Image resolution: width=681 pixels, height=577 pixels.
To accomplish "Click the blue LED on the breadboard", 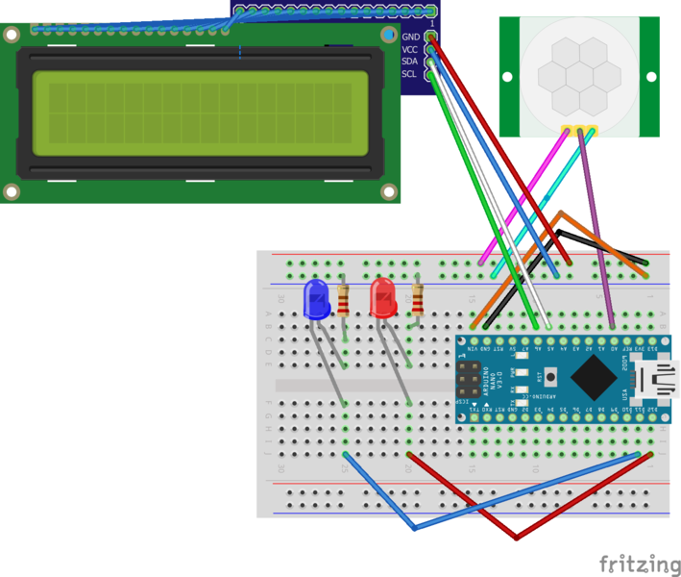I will [316, 299].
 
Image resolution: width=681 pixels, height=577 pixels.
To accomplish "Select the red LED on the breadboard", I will [383, 297].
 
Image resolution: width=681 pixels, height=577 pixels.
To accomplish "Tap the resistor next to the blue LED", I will [344, 301].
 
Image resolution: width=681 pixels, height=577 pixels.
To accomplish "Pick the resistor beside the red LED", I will [417, 299].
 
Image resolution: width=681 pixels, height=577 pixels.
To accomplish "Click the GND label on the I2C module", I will [410, 37].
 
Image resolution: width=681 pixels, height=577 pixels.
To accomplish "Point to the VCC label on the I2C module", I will [410, 49].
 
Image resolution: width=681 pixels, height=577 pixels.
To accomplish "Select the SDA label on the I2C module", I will [410, 62].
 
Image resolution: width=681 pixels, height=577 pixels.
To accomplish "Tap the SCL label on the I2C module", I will [410, 74].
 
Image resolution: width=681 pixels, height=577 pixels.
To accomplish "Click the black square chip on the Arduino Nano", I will [596, 378].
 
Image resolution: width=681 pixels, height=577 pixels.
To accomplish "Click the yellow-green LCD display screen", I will [201, 113].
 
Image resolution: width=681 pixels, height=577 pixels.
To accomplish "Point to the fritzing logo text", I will [634, 563].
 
